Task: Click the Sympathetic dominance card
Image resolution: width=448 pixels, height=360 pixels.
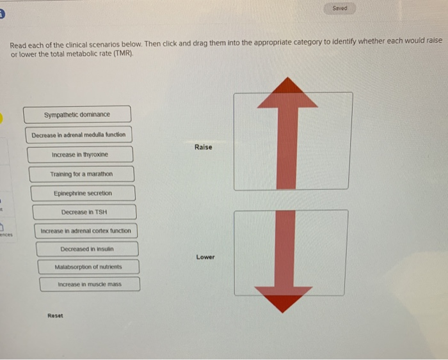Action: click(x=77, y=114)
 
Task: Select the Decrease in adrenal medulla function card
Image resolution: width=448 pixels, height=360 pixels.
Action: click(x=79, y=135)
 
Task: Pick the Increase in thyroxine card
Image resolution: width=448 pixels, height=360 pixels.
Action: click(x=80, y=155)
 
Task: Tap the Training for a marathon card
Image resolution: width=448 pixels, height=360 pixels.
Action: click(x=81, y=174)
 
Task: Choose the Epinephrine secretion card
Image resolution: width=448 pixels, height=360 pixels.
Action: click(x=83, y=193)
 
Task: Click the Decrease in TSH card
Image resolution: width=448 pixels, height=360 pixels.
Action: click(x=84, y=212)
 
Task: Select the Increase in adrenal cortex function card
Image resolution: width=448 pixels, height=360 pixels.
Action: click(x=85, y=231)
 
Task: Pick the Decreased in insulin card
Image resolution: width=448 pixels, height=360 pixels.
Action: click(x=86, y=249)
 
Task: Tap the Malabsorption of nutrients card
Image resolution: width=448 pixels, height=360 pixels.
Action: click(x=88, y=267)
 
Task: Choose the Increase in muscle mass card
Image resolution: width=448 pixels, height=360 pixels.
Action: click(x=89, y=284)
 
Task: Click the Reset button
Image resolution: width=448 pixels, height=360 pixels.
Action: click(x=56, y=316)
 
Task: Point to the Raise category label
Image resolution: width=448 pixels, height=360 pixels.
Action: click(x=203, y=147)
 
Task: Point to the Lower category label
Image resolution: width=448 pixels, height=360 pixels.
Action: click(x=205, y=257)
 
